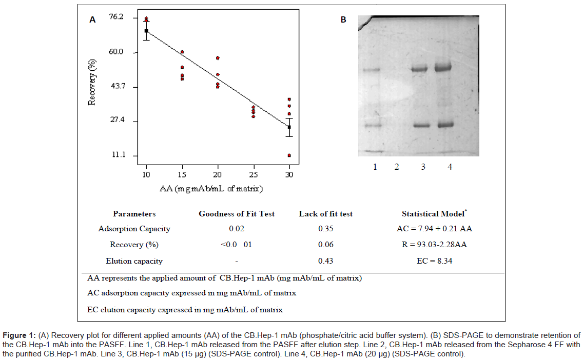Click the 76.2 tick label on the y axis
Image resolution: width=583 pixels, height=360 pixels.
pos(116,17)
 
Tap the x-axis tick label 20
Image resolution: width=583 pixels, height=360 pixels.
pos(218,174)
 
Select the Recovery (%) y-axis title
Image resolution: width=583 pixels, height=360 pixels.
pos(92,82)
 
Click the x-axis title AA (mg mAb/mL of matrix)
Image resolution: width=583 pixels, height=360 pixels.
pos(211,189)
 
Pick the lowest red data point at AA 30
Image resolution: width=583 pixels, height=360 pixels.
pos(289,155)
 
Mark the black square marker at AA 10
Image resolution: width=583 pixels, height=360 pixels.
pos(146,31)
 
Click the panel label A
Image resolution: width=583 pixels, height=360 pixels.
pos(92,20)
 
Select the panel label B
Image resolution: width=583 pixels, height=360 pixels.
pos(343,20)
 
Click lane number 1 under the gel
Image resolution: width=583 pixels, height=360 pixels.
pos(375,167)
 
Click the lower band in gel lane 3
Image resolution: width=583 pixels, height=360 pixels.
pos(420,125)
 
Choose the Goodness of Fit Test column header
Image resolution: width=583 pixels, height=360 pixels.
pos(237,214)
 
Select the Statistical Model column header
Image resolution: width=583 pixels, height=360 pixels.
pos(434,214)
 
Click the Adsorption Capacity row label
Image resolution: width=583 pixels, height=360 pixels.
pos(134,229)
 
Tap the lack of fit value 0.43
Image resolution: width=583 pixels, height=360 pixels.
pos(325,261)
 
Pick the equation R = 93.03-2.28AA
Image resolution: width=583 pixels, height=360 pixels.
pos(434,245)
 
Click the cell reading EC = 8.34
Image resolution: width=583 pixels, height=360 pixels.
pos(434,261)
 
